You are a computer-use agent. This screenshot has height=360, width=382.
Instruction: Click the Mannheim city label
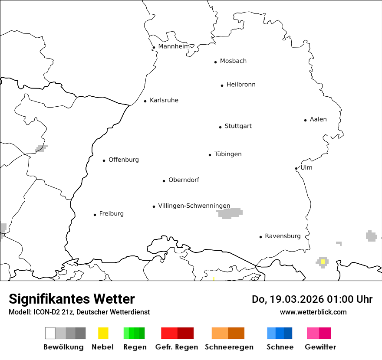click(x=174, y=46)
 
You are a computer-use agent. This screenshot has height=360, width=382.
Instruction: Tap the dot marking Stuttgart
click(x=220, y=127)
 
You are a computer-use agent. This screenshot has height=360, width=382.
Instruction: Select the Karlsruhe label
click(x=164, y=101)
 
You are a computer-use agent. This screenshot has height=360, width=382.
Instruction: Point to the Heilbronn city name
click(x=240, y=85)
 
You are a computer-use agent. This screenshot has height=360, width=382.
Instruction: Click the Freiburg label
click(x=111, y=214)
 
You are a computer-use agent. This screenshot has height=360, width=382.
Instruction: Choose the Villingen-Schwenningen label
click(x=194, y=206)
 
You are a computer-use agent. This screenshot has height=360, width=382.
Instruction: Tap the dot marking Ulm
click(x=296, y=168)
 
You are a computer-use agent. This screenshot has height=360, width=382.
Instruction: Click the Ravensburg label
click(x=283, y=236)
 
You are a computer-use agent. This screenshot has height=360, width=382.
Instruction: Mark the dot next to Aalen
click(x=305, y=120)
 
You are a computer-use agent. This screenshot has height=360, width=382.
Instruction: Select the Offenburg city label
click(x=123, y=160)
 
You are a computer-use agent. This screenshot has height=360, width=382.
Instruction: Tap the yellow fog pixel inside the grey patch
click(x=323, y=262)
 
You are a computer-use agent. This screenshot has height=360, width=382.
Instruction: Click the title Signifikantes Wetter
click(x=72, y=299)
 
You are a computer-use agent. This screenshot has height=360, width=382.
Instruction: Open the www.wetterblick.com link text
click(x=313, y=312)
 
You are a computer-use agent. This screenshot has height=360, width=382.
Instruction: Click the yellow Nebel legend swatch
click(x=103, y=333)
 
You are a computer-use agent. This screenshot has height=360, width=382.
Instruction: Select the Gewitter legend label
click(x=320, y=347)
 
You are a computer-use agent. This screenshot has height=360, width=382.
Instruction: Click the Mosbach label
click(x=233, y=61)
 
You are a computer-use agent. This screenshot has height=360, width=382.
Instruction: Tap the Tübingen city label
click(x=228, y=154)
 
